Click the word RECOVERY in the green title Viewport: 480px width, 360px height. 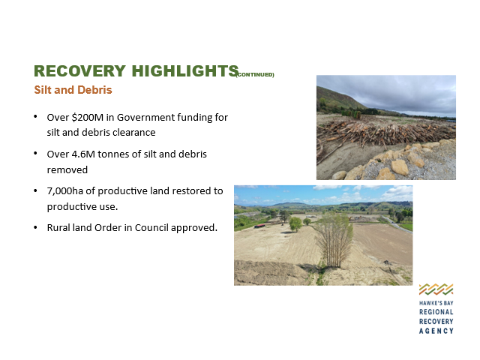(x=79, y=71)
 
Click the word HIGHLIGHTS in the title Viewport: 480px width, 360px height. (x=185, y=71)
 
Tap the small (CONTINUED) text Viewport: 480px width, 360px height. (x=255, y=75)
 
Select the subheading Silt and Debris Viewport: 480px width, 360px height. (x=73, y=90)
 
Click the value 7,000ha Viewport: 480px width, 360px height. (x=65, y=191)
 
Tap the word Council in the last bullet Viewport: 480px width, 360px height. (x=151, y=228)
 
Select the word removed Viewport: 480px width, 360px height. (x=67, y=170)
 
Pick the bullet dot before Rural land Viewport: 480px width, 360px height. (x=35, y=227)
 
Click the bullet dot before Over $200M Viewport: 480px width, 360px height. (x=35, y=117)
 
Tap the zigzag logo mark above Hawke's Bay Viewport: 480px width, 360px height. (x=436, y=289)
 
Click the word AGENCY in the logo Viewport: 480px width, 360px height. (x=436, y=331)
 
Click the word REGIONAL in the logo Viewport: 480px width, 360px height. (x=436, y=312)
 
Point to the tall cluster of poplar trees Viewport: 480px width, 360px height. (x=334, y=240)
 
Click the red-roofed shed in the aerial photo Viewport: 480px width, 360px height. (x=259, y=226)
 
